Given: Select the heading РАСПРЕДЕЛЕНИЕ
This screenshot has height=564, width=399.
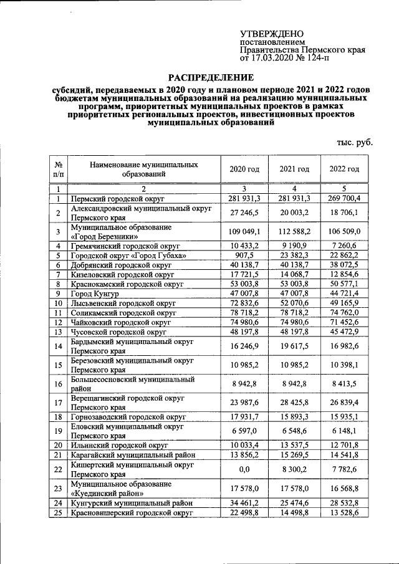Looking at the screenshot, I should pyautogui.click(x=212, y=78).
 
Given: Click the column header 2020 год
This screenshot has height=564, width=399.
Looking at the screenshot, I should pyautogui.click(x=244, y=169).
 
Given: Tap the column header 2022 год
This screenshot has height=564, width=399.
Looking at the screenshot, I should pyautogui.click(x=345, y=169).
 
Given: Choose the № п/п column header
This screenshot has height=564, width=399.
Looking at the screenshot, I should pyautogui.click(x=58, y=169).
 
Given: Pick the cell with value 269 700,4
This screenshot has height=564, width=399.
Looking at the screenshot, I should pyautogui.click(x=345, y=198).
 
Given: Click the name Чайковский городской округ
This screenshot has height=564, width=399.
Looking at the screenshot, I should pyautogui.click(x=121, y=323).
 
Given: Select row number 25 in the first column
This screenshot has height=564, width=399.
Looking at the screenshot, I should pyautogui.click(x=58, y=512).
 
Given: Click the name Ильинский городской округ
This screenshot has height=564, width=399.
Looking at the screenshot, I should pyautogui.click(x=118, y=445).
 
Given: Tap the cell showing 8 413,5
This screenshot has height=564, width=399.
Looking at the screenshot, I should pyautogui.click(x=345, y=384).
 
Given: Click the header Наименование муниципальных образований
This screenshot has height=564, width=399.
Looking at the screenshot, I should pyautogui.click(x=144, y=169).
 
